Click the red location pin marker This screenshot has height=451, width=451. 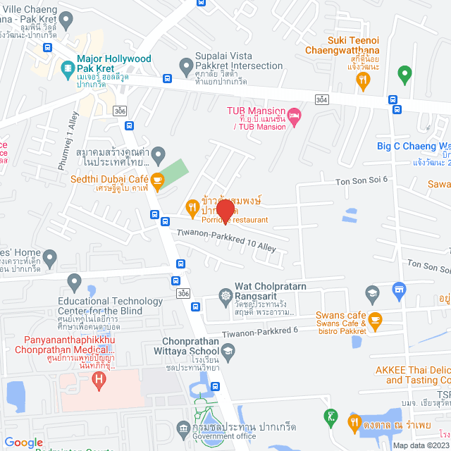tap(225, 211)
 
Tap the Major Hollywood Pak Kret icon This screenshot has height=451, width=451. tap(68, 68)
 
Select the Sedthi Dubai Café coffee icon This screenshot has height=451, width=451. tap(157, 181)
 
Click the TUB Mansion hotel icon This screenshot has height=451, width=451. tap(295, 114)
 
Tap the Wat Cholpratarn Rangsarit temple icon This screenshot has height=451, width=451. tap(225, 296)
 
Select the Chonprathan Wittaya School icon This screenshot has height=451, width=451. tap(228, 350)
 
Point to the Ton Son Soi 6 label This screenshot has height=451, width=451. tap(362, 179)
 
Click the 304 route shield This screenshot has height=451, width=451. tap(321, 100)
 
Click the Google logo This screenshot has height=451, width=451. tap(24, 442)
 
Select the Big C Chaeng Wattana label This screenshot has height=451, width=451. tap(413, 147)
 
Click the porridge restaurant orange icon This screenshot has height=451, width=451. tap(191, 206)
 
